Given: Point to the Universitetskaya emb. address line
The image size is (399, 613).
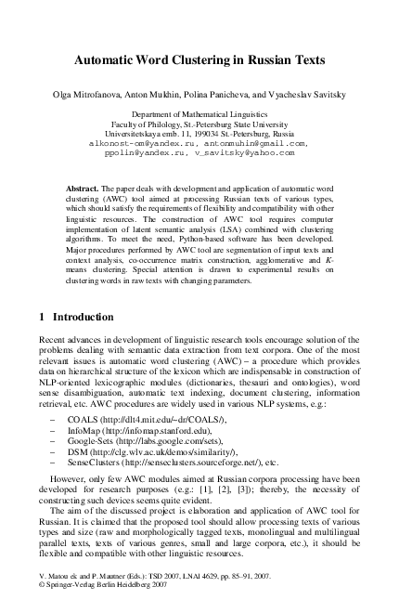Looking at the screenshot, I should [x=199, y=135].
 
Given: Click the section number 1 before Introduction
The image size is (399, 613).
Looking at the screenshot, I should [x=43, y=317].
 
